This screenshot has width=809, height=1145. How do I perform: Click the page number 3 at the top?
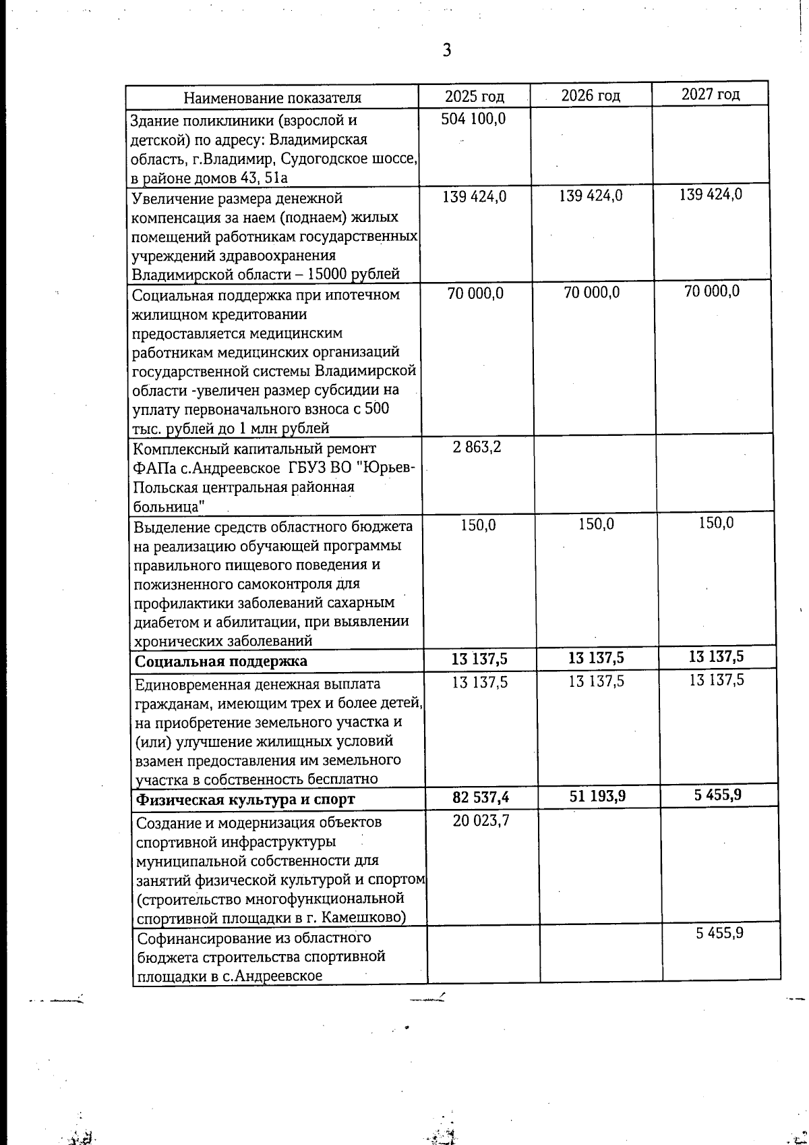click(x=446, y=50)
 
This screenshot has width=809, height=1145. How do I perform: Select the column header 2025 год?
click(x=475, y=96)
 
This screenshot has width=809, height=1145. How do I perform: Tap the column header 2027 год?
click(x=710, y=94)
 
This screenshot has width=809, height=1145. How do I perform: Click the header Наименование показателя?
click(x=272, y=98)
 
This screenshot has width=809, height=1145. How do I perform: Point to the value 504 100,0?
click(x=473, y=119)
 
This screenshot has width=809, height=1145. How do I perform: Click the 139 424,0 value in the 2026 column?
click(x=591, y=196)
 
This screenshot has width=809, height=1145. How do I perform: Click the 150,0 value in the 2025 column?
click(x=478, y=524)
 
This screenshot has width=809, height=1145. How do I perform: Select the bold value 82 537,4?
click(x=481, y=798)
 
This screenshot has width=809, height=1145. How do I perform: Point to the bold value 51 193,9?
click(x=597, y=796)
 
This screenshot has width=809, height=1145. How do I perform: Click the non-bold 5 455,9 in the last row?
click(x=719, y=934)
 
